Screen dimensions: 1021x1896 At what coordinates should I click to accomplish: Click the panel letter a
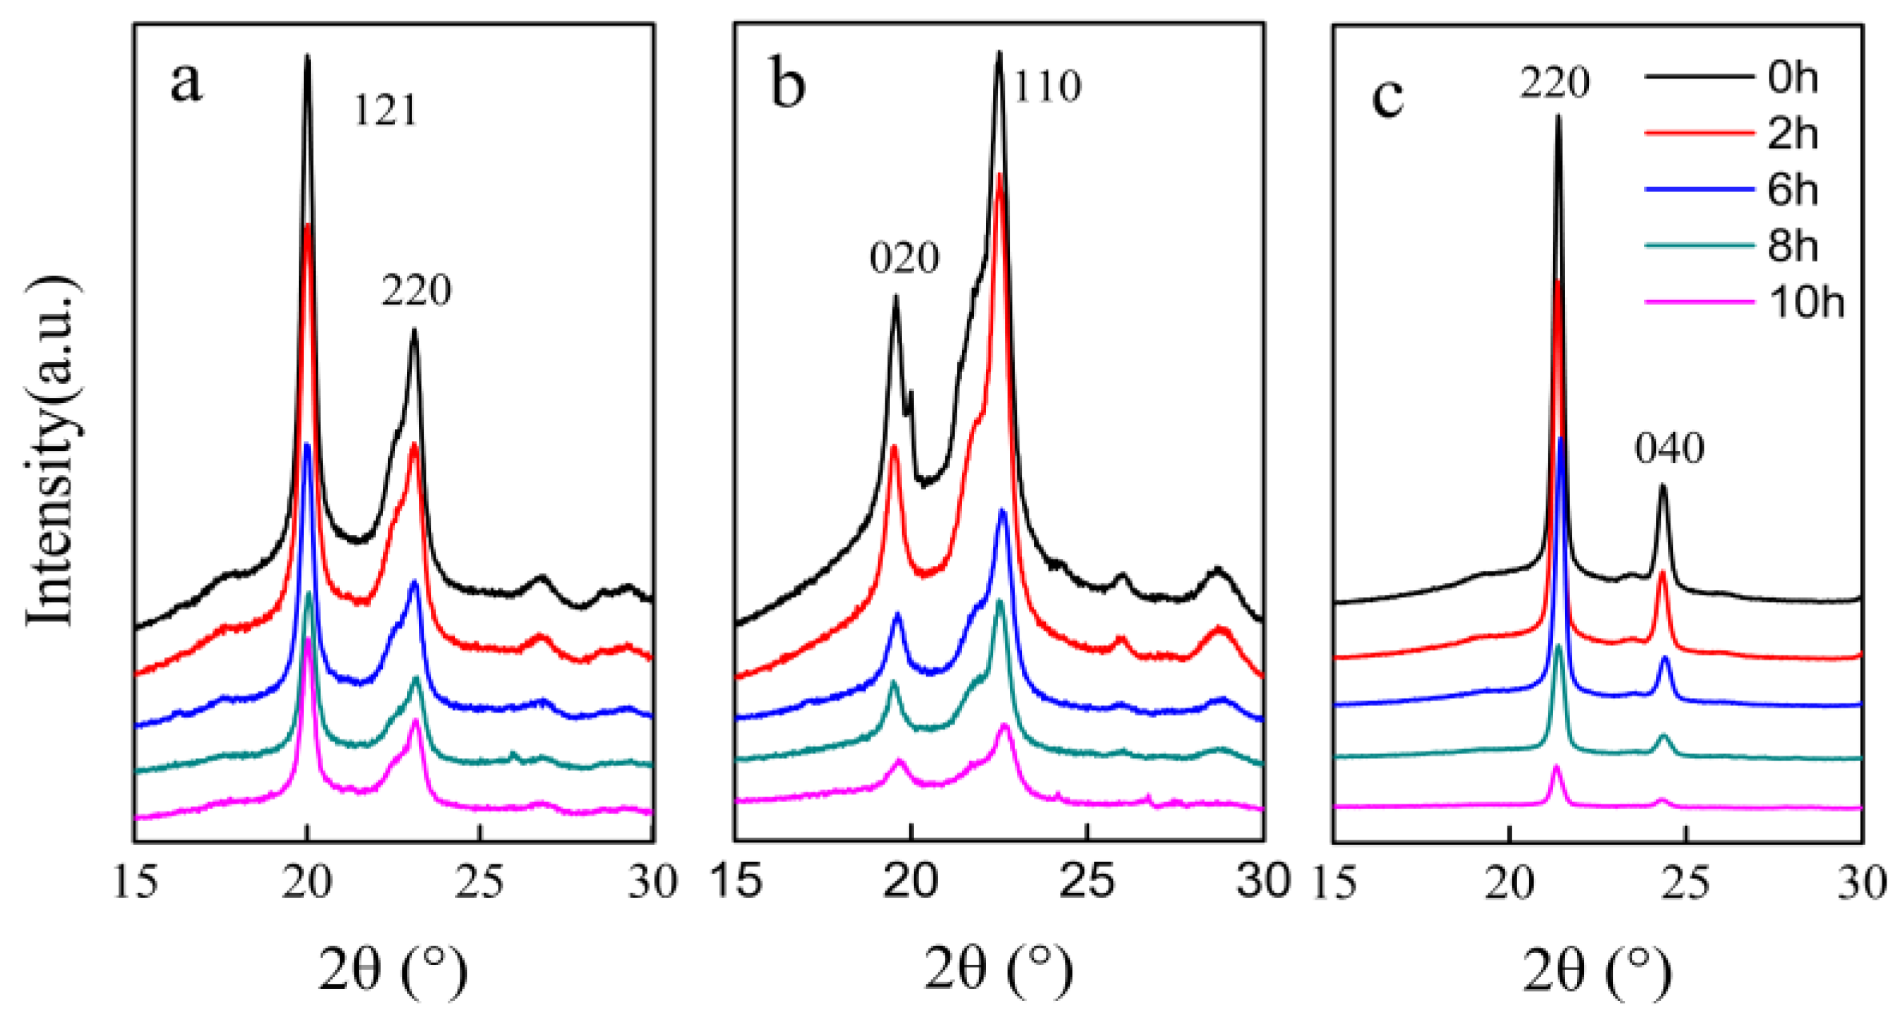[186, 82]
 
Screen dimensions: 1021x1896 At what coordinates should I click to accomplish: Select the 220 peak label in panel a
[417, 290]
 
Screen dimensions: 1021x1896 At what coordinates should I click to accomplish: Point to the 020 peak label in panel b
[904, 258]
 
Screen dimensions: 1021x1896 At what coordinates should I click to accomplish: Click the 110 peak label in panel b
[1048, 86]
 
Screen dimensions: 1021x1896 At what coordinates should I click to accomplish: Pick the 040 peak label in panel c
[1670, 449]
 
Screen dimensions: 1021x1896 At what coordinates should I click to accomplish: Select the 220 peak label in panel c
[1555, 83]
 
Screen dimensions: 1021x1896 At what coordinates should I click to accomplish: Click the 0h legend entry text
[1792, 78]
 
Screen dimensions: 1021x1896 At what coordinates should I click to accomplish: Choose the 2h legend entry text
[1792, 134]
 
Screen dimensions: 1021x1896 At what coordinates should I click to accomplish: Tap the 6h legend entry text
[1792, 190]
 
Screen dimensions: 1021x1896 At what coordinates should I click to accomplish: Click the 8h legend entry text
[1792, 245]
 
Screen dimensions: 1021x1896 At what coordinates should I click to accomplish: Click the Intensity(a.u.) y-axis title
[52, 452]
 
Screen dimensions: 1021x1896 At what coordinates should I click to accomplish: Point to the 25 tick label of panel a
[479, 883]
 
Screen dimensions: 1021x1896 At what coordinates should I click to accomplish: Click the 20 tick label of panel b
[912, 881]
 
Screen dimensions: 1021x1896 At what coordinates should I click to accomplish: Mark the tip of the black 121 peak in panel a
[307, 56]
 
